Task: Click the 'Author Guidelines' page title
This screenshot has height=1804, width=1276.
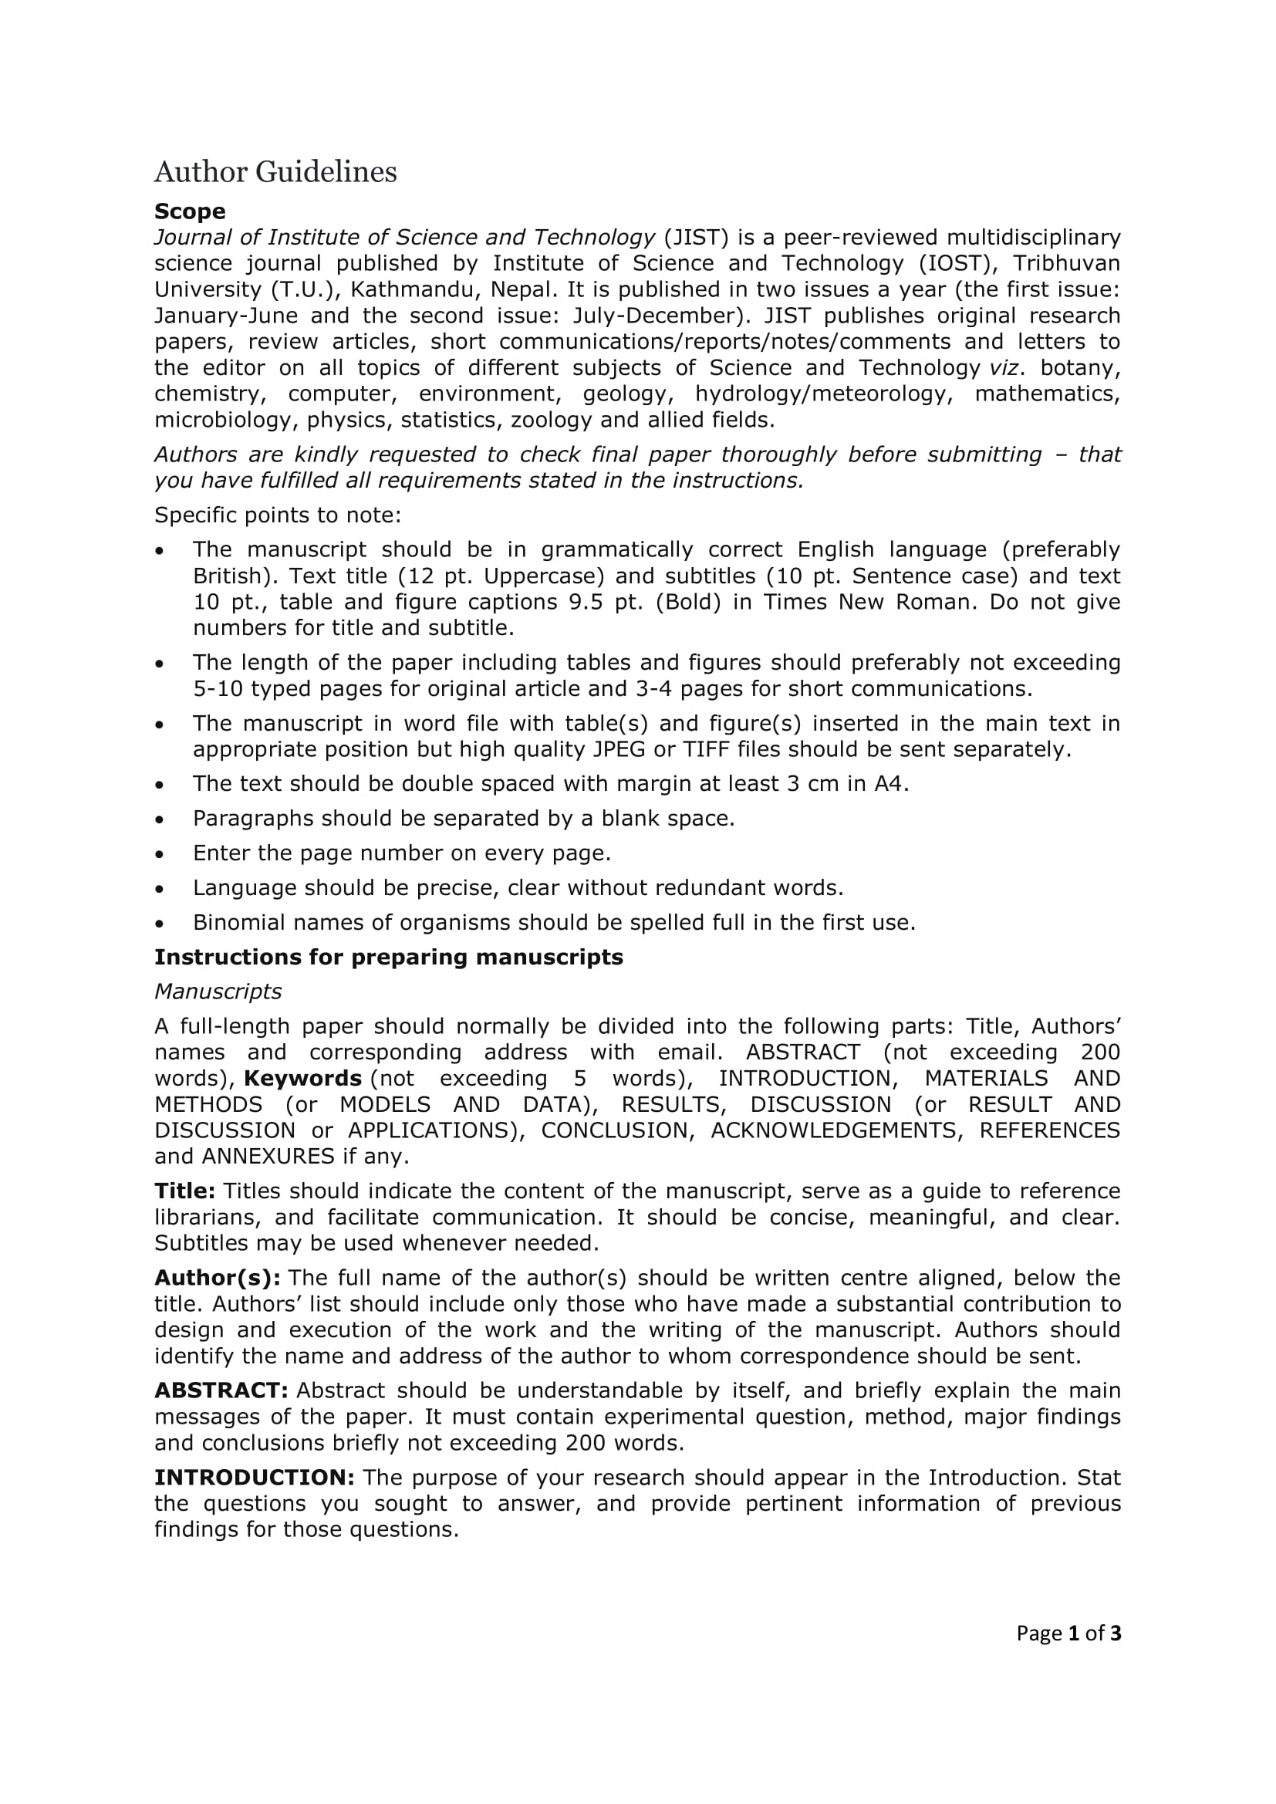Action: click(x=275, y=172)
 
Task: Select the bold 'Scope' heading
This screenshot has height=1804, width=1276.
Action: click(x=189, y=211)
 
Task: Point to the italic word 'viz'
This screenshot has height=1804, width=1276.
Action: click(x=1004, y=368)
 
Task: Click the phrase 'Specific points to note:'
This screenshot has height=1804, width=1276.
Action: click(x=278, y=515)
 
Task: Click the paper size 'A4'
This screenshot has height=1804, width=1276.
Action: click(x=889, y=783)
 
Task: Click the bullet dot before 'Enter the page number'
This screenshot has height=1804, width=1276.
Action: click(x=160, y=854)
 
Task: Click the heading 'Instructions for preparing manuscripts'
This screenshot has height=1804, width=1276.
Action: click(x=388, y=957)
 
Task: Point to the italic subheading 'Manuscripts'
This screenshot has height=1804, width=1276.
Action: click(x=218, y=992)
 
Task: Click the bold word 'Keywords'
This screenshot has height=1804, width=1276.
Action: click(x=302, y=1078)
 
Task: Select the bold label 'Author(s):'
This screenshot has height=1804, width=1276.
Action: click(x=217, y=1278)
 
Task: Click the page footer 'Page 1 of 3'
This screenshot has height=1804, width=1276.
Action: click(x=1068, y=1633)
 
